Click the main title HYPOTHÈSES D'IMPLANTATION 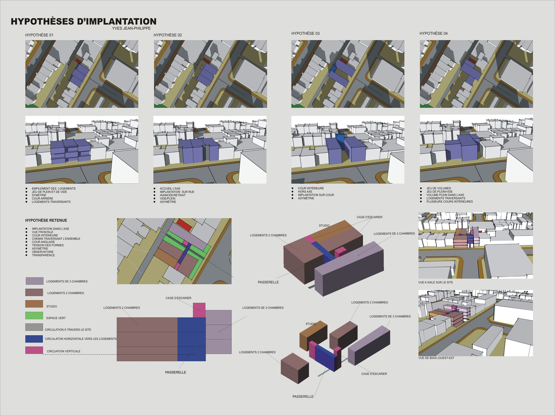point(84,21)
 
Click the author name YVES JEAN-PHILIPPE point(131,28)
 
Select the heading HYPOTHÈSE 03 point(305,34)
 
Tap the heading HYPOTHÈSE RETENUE point(46,220)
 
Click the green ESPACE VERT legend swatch point(34,315)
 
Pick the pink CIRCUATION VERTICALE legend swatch point(34,350)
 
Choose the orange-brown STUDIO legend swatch point(34,304)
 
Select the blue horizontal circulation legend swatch point(34,339)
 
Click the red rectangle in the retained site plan point(184,225)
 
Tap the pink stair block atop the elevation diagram point(199,310)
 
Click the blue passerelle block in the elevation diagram point(191,339)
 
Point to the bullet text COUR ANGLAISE point(43,242)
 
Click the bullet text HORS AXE point(305,192)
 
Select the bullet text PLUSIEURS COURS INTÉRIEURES point(449,202)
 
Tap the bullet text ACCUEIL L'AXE point(170,189)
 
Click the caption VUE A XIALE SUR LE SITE point(435,283)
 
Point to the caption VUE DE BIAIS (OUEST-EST point(436,358)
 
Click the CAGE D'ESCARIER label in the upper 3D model point(369,217)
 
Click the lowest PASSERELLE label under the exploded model point(303,397)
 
